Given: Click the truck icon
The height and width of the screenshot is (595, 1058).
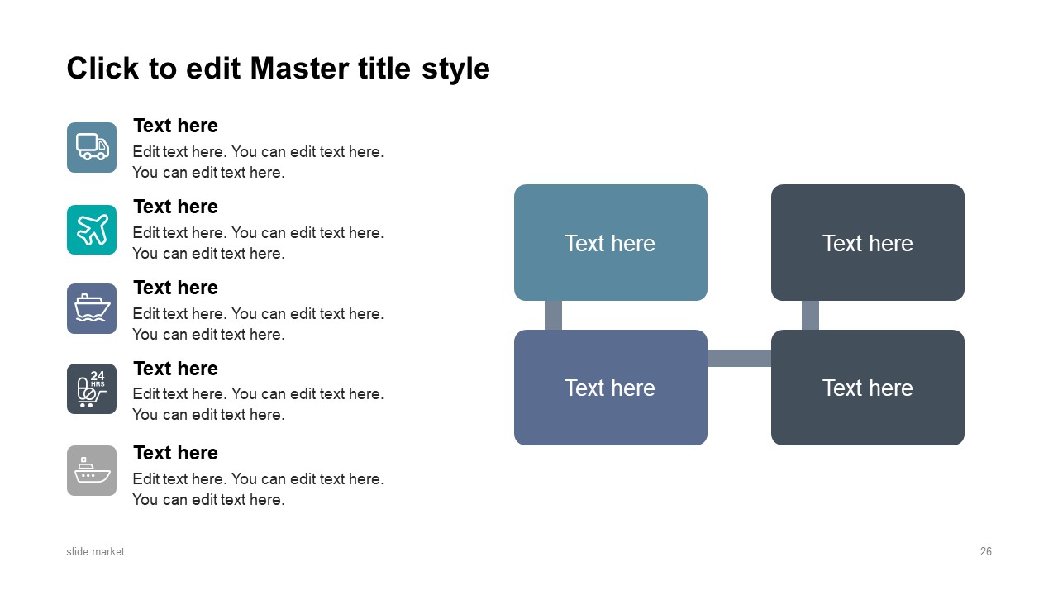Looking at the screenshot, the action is click(92, 147).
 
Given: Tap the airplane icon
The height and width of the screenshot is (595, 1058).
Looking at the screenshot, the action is click(92, 230).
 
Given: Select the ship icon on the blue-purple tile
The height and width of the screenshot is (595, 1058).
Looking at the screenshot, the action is click(92, 308).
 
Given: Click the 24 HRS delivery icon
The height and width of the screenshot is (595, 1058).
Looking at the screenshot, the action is click(92, 388).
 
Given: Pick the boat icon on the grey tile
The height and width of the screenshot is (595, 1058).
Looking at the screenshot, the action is click(92, 470).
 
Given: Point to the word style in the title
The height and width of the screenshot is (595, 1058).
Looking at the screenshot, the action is click(455, 69).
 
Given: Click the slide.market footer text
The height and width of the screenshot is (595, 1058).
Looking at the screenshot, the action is click(95, 551).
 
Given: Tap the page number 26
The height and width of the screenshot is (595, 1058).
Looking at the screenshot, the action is click(986, 551).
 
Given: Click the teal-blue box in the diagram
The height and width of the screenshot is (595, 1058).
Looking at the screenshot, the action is click(610, 242).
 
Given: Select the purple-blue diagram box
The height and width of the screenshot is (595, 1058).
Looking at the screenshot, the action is click(610, 388).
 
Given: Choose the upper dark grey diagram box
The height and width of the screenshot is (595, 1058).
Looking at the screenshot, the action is click(868, 242).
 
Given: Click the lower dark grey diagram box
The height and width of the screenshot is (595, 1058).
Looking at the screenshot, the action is click(868, 388).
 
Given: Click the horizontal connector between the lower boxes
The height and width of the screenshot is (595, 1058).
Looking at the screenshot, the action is click(739, 358).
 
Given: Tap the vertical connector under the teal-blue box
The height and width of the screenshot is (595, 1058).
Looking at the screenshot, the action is click(553, 315).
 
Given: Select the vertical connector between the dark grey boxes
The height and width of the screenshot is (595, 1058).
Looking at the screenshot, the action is click(810, 315).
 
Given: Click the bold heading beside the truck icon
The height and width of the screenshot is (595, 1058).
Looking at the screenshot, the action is click(175, 126).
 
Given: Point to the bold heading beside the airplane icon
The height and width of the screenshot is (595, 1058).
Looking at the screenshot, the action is click(175, 207).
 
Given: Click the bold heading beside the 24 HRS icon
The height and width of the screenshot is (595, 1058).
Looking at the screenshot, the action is click(175, 369).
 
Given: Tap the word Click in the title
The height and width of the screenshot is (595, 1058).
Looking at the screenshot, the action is click(103, 69).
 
